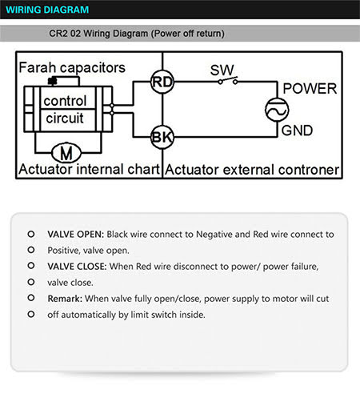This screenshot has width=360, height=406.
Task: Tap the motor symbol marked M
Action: click(66, 153)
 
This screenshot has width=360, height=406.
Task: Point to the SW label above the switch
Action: click(222, 70)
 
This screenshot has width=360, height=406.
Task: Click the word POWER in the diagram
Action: click(310, 89)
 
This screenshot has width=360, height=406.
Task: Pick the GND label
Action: click(297, 131)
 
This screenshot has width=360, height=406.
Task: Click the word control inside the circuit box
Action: click(65, 101)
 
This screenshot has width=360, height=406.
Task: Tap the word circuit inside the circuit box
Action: click(65, 118)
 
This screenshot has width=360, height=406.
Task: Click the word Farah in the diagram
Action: click(38, 67)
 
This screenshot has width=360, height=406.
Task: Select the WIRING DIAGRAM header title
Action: click(47, 10)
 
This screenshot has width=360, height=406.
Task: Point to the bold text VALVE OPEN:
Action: click(75, 235)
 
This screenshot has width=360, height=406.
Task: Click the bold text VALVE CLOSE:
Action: click(77, 267)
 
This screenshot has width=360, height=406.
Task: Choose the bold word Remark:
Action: click(65, 299)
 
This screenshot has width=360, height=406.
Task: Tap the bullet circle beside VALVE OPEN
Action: click(31, 234)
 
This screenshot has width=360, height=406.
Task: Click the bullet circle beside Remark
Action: click(31, 298)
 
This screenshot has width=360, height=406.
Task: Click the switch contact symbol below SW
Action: click(228, 81)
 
